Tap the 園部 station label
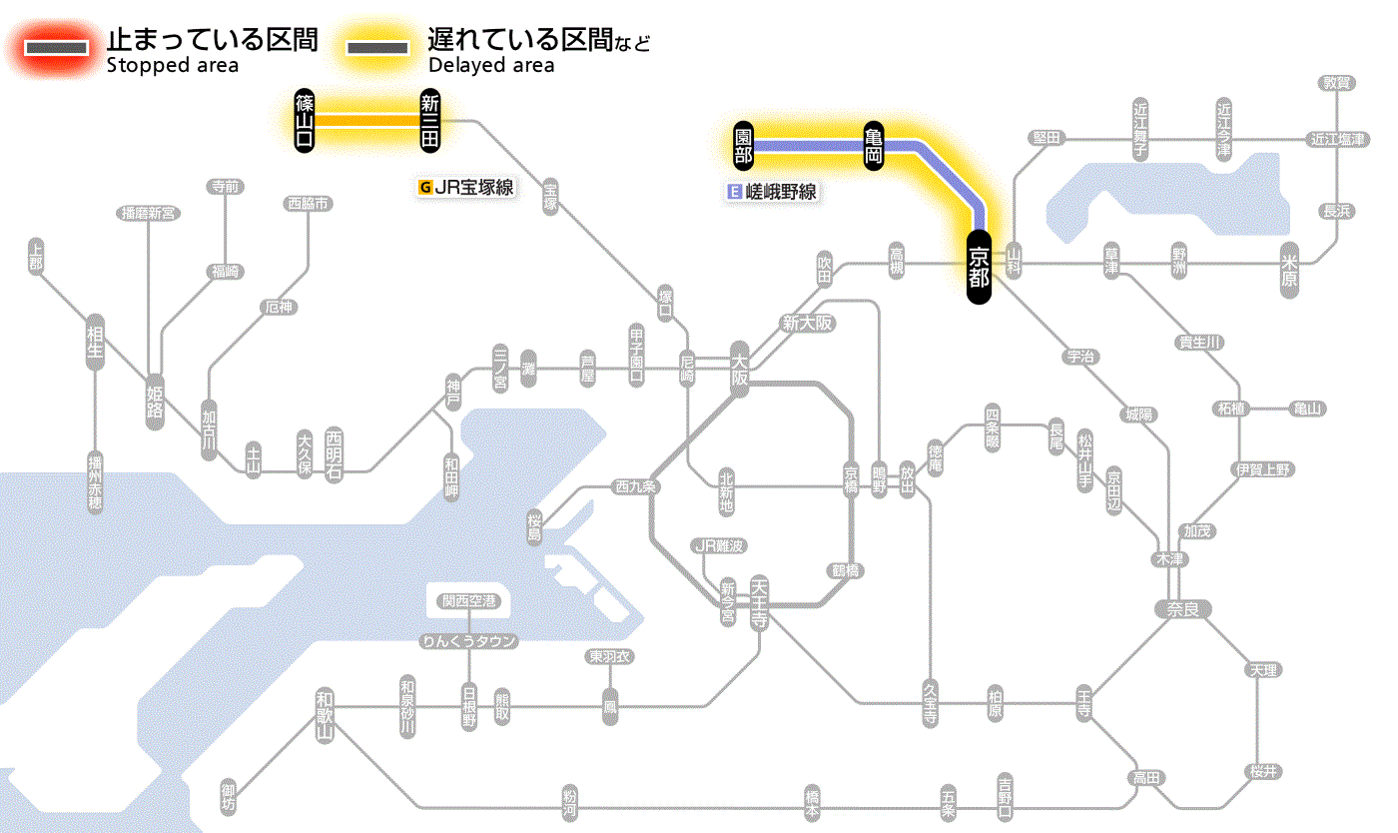click(x=743, y=146)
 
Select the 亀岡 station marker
click(x=874, y=146)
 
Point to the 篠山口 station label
click(x=305, y=121)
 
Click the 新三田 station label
click(x=430, y=121)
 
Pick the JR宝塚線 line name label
click(x=466, y=187)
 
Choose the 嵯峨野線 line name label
click(x=773, y=192)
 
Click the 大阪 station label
click(x=739, y=370)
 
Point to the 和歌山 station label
click(x=324, y=714)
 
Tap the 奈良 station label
click(x=1182, y=608)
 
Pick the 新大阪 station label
click(x=807, y=324)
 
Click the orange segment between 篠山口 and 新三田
click(x=367, y=121)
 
